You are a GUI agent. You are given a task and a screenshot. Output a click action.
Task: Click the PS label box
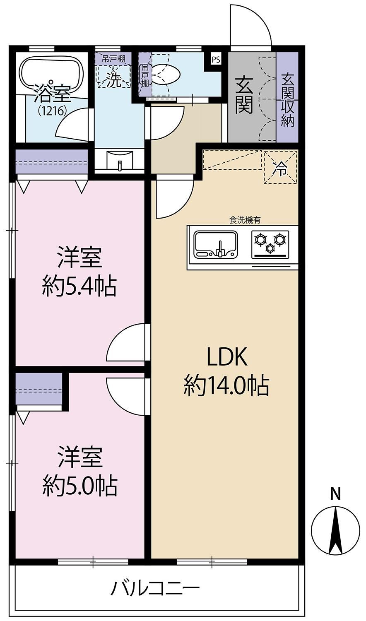click(216, 59)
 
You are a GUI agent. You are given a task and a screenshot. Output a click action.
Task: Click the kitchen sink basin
click(216, 244)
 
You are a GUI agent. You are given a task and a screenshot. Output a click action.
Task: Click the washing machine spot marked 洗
click(113, 76)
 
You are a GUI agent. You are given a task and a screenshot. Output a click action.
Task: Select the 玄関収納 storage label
click(287, 100)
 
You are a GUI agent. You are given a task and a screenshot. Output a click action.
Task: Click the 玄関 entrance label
click(244, 96)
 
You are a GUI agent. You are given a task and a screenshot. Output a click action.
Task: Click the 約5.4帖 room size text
click(79, 286)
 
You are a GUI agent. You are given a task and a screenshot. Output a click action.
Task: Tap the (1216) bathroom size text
click(53, 111)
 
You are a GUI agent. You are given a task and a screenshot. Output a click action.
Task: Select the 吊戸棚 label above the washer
click(113, 59)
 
